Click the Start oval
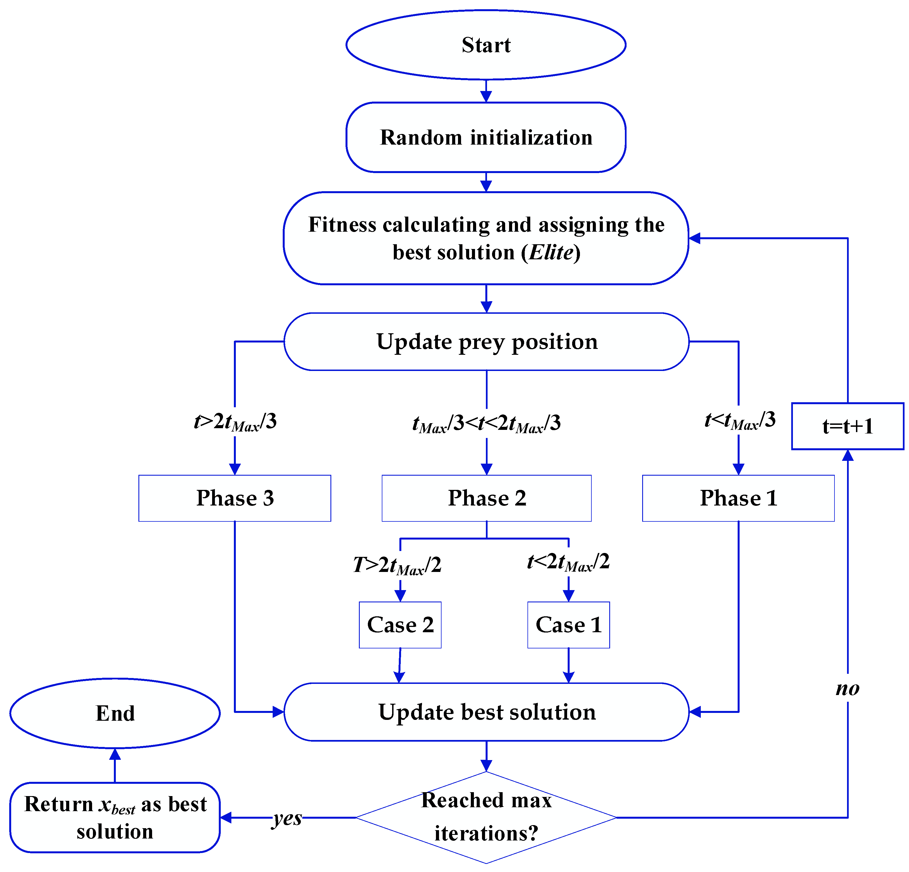pos(486,45)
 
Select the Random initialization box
pos(486,137)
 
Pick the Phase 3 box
pos(235,498)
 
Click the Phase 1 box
pos(738,498)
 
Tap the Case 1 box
pos(568,625)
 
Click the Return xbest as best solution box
pos(115,817)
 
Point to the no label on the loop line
pos(847,688)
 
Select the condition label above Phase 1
pos(740,421)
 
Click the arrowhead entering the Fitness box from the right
pos(694,238)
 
